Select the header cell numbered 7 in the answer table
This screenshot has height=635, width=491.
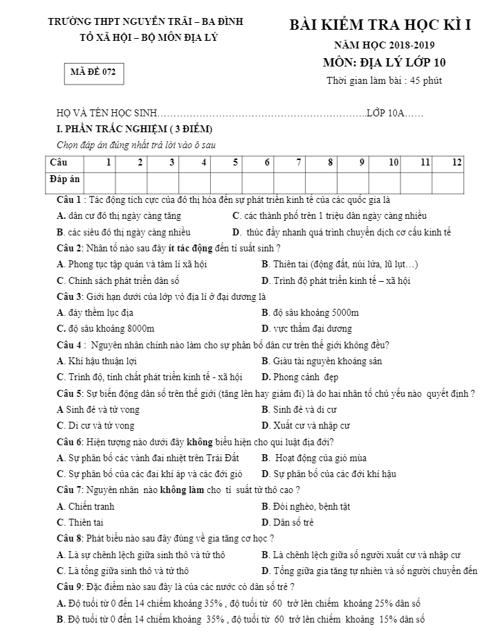point(298,162)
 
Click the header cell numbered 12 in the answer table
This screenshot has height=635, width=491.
point(456,162)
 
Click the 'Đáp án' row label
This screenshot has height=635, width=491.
point(65,179)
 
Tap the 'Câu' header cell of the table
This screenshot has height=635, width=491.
point(58,162)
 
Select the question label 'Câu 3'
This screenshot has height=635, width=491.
point(70,296)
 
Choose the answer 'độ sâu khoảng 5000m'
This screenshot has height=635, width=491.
point(315,312)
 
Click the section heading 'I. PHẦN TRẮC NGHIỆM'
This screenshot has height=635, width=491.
point(134,129)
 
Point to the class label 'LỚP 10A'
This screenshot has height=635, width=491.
point(385,111)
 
